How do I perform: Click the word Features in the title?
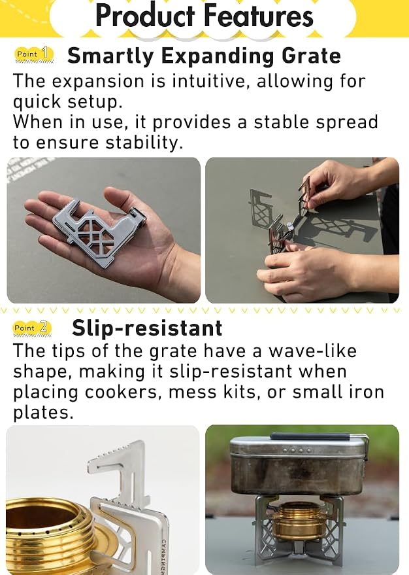tap(259, 16)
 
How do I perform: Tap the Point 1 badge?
tap(34, 54)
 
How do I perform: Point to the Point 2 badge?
tap(33, 328)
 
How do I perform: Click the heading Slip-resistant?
tap(147, 328)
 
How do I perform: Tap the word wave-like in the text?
tap(312, 351)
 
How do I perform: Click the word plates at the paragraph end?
tap(43, 413)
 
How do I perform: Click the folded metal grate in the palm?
tap(99, 231)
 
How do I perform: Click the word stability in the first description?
tap(144, 143)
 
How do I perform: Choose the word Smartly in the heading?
tap(110, 57)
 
